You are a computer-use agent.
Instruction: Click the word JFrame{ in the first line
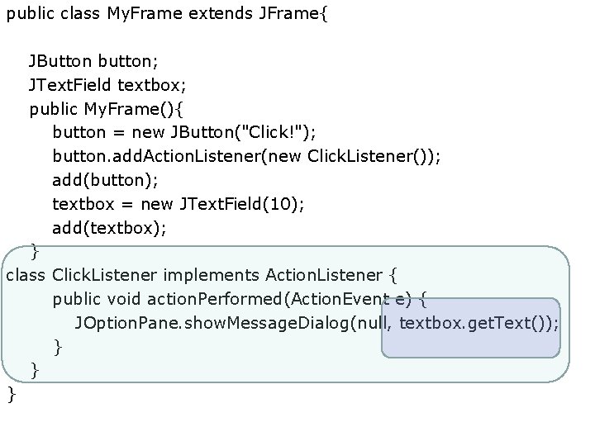293,14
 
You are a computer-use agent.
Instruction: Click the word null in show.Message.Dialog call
373,322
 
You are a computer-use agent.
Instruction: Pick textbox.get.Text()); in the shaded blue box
478,322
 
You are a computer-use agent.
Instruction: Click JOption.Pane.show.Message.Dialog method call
212,322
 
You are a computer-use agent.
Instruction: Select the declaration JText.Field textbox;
107,84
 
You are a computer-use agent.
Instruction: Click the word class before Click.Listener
26,274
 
